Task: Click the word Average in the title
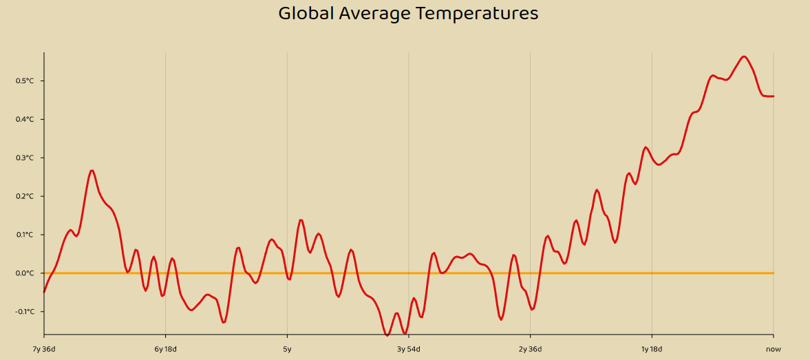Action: (x=374, y=13)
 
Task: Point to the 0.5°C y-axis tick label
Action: (x=25, y=81)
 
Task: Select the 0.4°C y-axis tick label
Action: (x=25, y=120)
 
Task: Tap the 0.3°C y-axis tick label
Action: (x=25, y=158)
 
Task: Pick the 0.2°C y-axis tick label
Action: (x=25, y=197)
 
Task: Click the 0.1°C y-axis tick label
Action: (x=25, y=235)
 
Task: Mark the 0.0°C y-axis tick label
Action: (x=25, y=274)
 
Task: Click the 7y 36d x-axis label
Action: (x=44, y=349)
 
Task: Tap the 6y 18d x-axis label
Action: (x=165, y=349)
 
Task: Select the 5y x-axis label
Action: (x=287, y=349)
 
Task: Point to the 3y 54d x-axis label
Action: (x=409, y=349)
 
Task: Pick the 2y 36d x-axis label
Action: (x=530, y=349)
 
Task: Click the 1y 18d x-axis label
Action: (x=652, y=349)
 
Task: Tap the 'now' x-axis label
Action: (x=774, y=349)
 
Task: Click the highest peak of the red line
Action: (x=744, y=56)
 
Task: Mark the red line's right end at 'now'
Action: (x=774, y=96)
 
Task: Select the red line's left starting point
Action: (x=44, y=292)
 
